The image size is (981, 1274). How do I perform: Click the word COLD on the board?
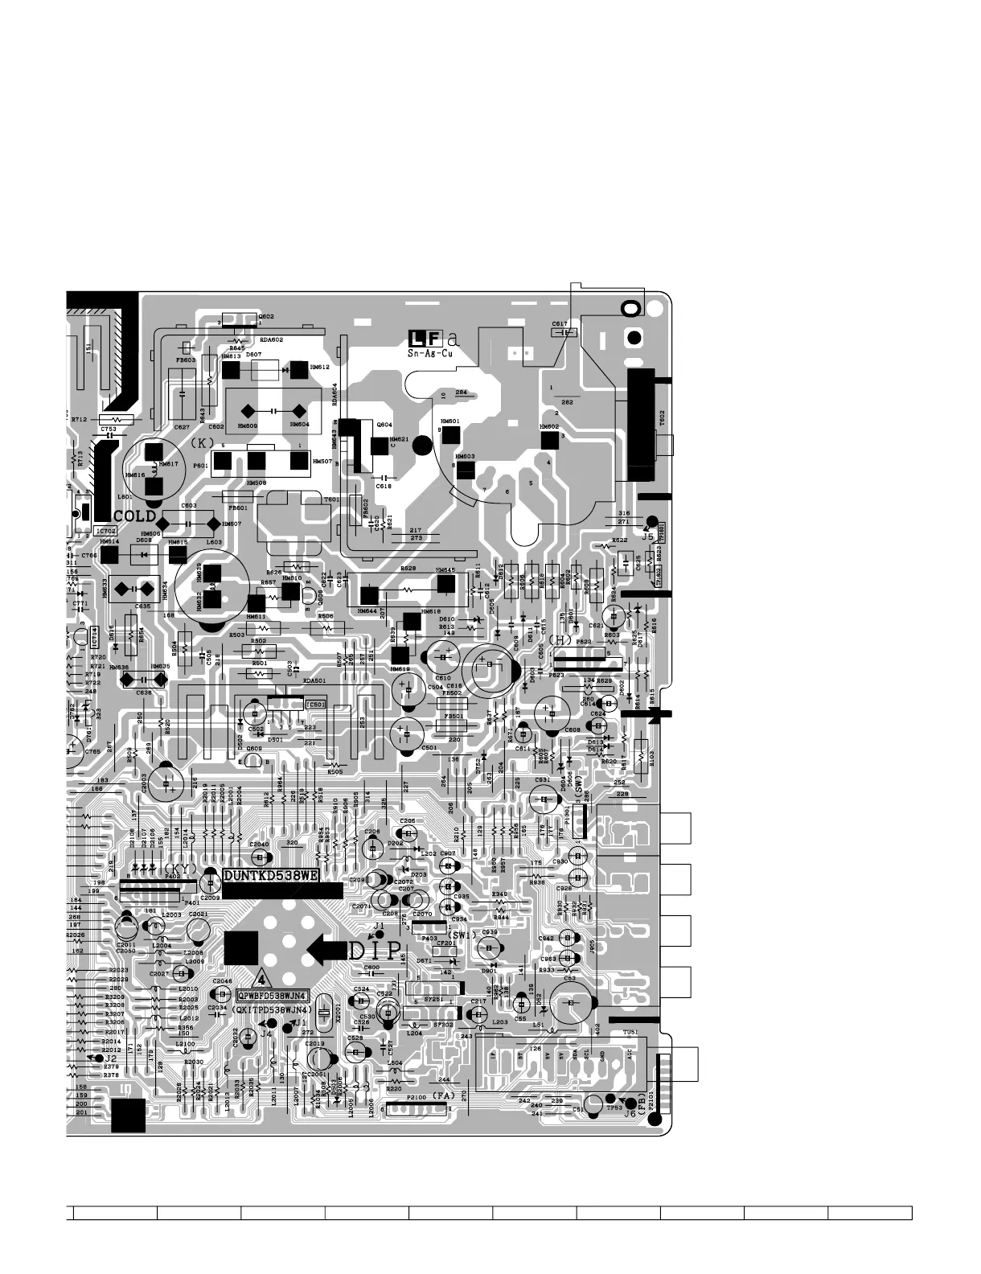[134, 516]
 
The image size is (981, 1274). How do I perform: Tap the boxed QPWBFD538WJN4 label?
[273, 996]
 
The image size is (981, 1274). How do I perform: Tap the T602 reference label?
[662, 417]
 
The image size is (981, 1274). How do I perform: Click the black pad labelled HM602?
[549, 440]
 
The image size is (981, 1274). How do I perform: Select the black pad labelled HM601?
[450, 434]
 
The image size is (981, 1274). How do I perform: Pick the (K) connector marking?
[202, 443]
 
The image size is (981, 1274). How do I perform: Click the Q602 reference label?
[265, 317]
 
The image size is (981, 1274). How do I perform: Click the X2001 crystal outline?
[323, 1012]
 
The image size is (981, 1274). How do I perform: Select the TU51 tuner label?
[630, 1033]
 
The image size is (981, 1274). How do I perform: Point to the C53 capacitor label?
[569, 979]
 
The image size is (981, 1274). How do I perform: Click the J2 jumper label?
[111, 1058]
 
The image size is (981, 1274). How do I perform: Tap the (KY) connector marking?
[177, 869]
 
